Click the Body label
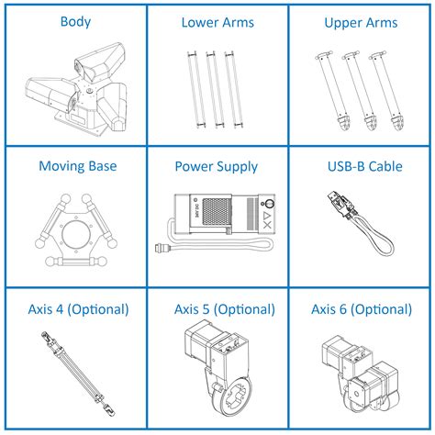74,20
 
